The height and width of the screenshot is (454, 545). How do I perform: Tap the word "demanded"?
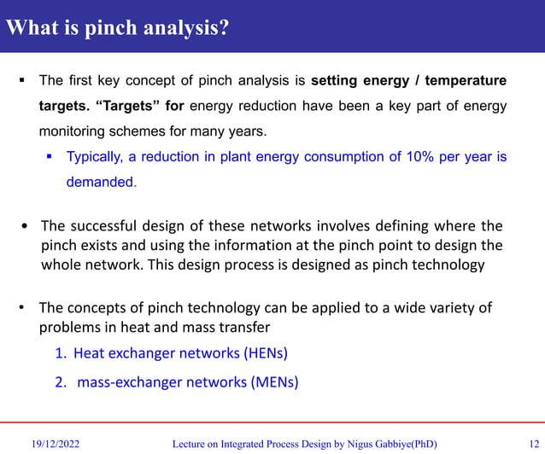click(100, 182)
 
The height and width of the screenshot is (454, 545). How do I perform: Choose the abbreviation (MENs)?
click(273, 382)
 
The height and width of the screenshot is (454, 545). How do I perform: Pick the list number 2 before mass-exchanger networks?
click(61, 382)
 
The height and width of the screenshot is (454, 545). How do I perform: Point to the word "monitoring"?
click(72, 132)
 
